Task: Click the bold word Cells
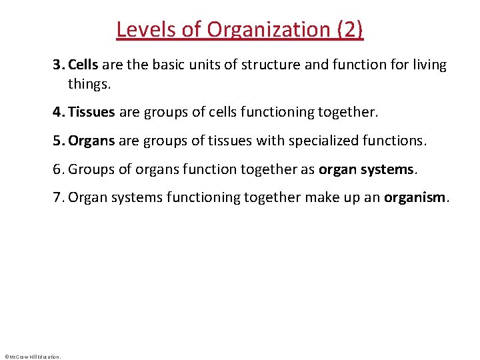point(83,65)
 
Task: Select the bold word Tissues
point(91,113)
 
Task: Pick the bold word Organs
point(91,141)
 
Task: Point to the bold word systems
point(388,169)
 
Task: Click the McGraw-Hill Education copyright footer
point(33,357)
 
